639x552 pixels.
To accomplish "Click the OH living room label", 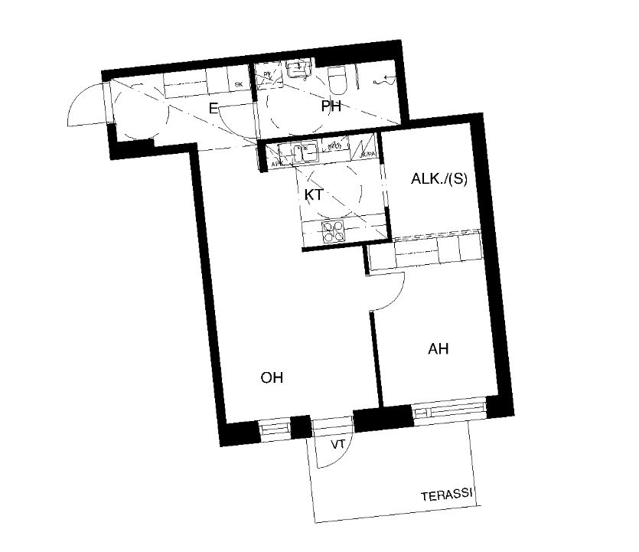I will pos(272,377).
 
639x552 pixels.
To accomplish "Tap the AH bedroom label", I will pos(438,349).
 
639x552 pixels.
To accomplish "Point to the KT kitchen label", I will pos(313,195).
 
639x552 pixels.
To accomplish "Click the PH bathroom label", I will pos(331,107).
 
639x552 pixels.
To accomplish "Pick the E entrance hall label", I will pos(214,108).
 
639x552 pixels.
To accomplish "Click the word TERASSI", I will pos(447,496).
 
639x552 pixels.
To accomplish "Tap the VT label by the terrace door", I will pos(337,445).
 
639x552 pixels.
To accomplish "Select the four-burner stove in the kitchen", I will pos(334,232).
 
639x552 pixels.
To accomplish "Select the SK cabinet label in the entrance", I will pos(239,84).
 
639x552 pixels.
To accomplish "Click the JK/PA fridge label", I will pos(368,155).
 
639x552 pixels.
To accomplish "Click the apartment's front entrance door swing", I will pos(86,105).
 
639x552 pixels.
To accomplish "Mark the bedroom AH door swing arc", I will pos(390,291).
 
